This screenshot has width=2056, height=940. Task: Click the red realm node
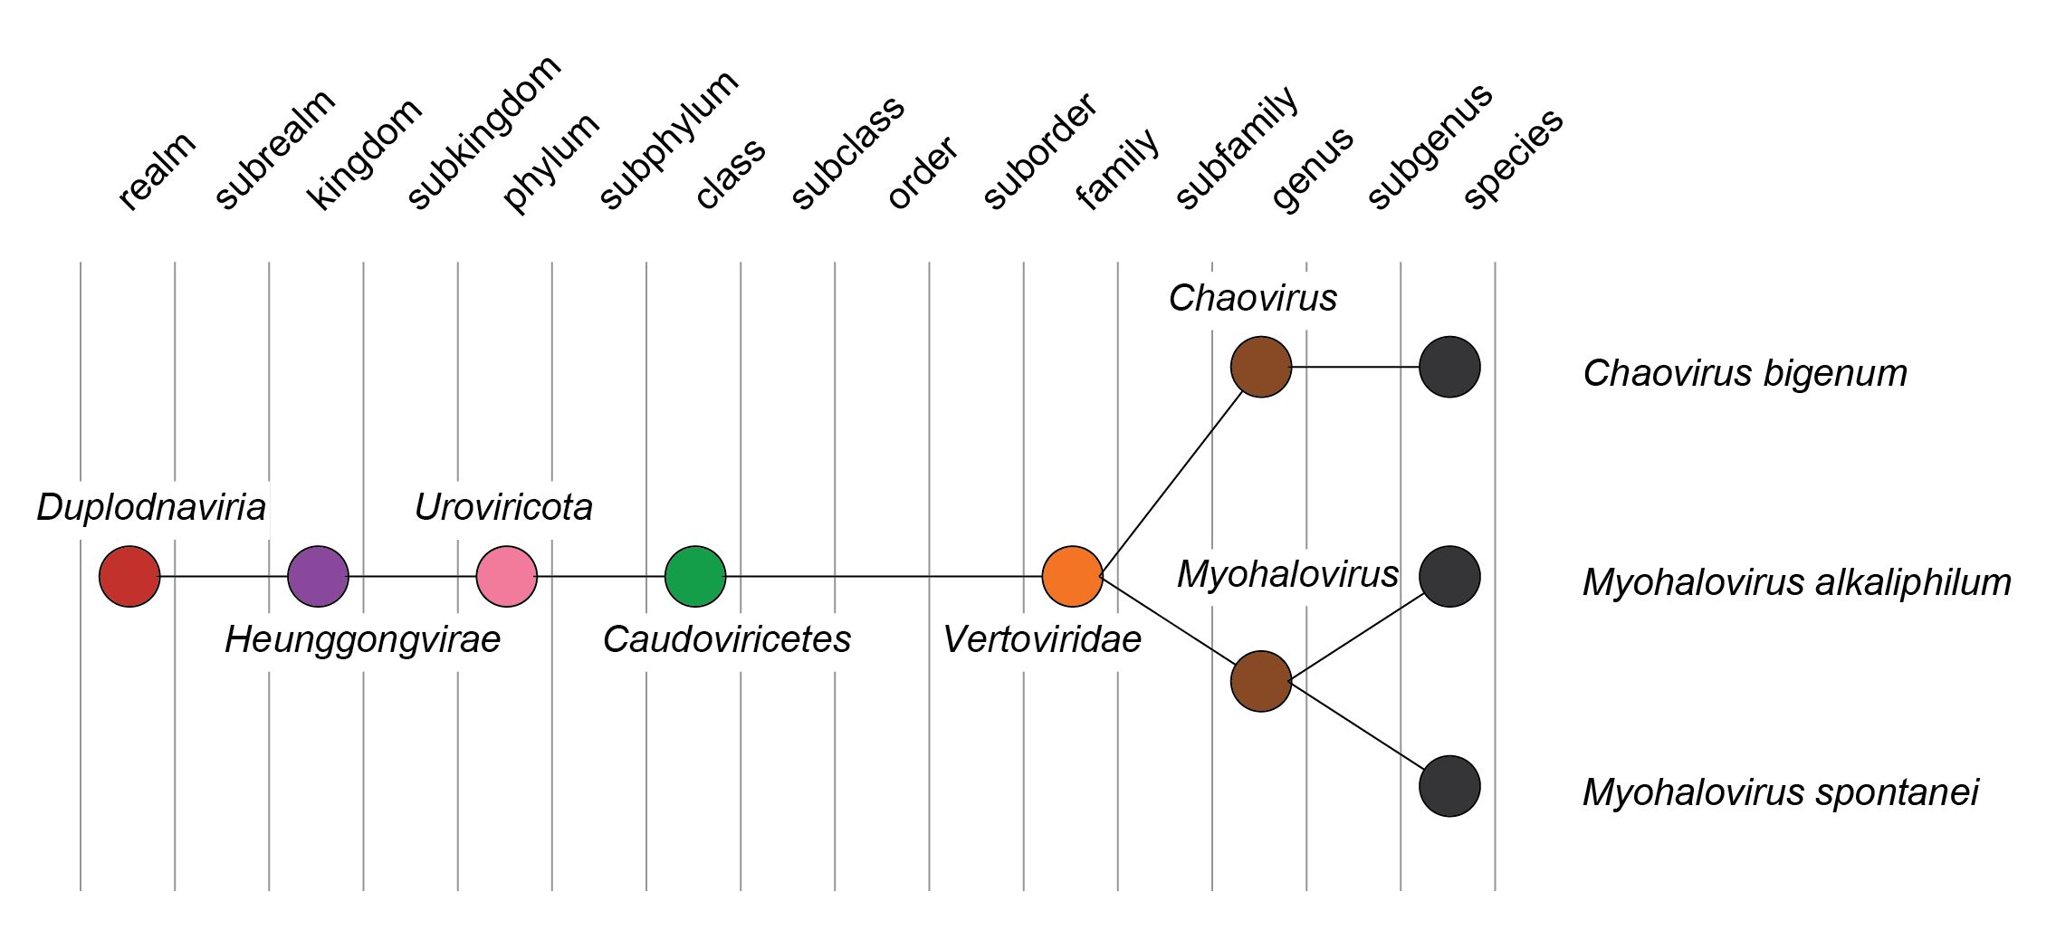click(129, 576)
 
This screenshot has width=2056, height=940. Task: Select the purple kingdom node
click(318, 576)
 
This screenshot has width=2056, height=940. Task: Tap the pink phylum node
click(507, 576)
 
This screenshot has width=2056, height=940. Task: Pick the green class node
click(695, 576)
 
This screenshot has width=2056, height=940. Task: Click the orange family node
click(1073, 576)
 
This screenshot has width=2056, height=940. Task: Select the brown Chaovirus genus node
click(1261, 367)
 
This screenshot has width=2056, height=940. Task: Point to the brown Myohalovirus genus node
click(1261, 681)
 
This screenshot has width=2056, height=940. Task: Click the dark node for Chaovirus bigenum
click(1449, 367)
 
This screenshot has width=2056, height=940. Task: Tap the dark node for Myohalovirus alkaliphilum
click(1449, 576)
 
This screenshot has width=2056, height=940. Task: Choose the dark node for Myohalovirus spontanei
click(1449, 786)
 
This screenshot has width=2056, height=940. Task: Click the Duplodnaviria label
click(151, 507)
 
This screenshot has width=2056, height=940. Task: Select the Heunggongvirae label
click(362, 639)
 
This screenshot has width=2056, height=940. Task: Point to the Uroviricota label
click(503, 507)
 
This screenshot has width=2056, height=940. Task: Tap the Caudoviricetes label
click(727, 639)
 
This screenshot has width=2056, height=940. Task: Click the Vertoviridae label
click(1042, 639)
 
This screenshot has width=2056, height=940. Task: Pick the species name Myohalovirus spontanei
click(1780, 792)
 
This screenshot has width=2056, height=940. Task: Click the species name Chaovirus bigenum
click(1745, 373)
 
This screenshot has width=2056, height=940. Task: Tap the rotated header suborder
click(1040, 151)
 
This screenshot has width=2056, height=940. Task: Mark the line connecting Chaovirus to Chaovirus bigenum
click(1355, 367)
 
